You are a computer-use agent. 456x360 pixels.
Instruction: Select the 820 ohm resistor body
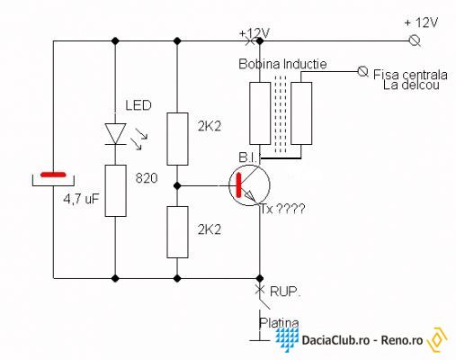pos(115,191)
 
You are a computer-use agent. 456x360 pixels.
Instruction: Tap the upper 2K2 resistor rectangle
pos(177,139)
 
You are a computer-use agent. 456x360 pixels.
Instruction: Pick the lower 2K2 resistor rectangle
pos(177,232)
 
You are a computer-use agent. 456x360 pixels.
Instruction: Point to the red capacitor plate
pos(53,175)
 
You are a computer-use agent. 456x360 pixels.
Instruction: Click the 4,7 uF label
pos(81,199)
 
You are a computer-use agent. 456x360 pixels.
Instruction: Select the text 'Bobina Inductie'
pos(282,64)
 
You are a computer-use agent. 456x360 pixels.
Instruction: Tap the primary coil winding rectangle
pos(260,113)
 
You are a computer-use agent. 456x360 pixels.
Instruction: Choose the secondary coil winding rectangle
pos(301,113)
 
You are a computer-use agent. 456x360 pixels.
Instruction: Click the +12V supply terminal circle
pos(415,40)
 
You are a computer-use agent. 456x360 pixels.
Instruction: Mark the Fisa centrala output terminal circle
pos(362,71)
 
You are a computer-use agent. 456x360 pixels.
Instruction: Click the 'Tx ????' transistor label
pos(282,209)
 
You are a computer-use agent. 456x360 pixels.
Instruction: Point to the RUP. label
pos(285,292)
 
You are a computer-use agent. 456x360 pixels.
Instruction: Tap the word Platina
pos(279,323)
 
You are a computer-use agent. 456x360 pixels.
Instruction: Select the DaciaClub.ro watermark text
pos(335,340)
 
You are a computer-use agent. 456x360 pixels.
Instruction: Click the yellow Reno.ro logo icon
pos(438,339)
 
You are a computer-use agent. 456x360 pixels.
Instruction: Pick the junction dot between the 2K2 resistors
pos(177,186)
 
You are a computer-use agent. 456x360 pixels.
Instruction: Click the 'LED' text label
pos(139,105)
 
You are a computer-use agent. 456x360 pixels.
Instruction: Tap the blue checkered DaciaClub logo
pos(287,339)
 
